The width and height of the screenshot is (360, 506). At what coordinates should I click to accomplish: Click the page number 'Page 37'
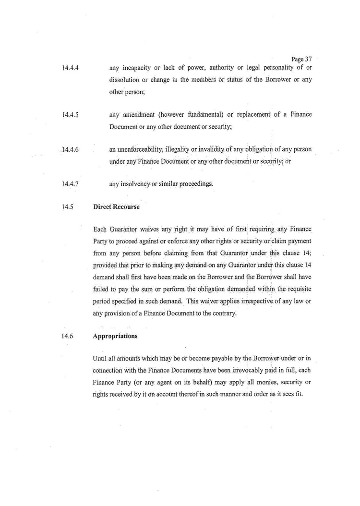pos(301,59)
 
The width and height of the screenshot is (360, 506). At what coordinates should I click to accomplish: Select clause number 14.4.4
pos(70,68)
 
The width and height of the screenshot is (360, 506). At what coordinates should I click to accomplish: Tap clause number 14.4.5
pos(70,115)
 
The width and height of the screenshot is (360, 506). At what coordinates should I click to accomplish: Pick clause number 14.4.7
pos(70,184)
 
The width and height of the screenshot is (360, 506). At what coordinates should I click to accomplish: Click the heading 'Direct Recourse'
pos(116,207)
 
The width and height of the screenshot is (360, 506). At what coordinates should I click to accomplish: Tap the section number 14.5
pos(67,207)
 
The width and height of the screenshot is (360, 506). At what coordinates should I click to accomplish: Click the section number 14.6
pos(67,336)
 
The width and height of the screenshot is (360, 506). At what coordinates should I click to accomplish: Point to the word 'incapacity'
pos(135,67)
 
